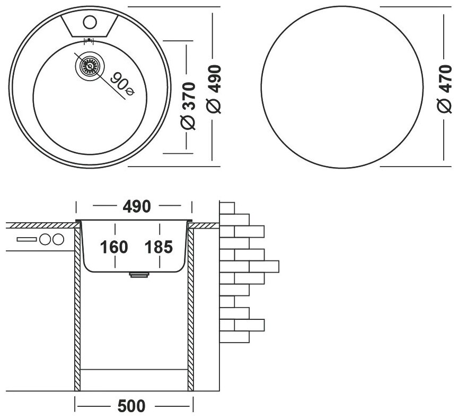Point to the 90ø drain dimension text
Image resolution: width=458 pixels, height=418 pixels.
click(x=122, y=84)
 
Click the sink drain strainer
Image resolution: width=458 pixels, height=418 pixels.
click(x=89, y=67)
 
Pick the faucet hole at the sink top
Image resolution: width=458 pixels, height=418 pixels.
click(x=89, y=22)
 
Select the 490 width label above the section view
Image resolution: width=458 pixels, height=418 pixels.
click(x=135, y=206)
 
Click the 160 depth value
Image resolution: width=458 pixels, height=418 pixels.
click(x=113, y=247)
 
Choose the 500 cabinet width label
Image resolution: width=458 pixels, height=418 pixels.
click(x=130, y=407)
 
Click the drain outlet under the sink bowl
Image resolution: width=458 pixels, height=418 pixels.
click(x=139, y=274)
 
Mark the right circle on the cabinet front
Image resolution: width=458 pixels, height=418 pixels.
click(x=57, y=239)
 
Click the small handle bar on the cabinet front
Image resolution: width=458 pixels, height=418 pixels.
click(x=25, y=239)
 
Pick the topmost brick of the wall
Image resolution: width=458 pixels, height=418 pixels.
click(x=227, y=207)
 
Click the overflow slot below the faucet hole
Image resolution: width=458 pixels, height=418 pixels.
click(x=89, y=40)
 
